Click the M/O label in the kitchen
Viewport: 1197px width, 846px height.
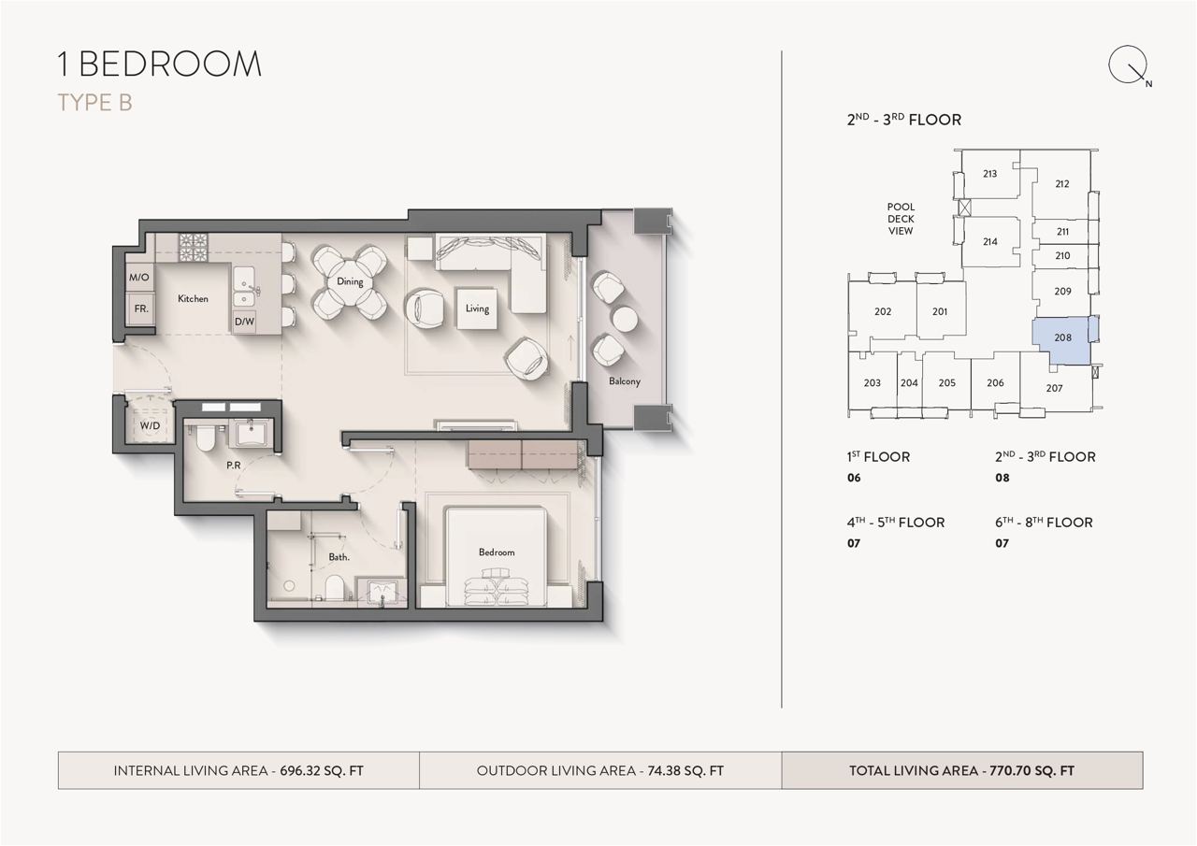[x=139, y=278]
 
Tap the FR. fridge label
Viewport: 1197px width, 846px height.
[x=141, y=308]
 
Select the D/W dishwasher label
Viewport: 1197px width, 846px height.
[x=245, y=322]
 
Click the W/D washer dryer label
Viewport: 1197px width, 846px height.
[x=151, y=425]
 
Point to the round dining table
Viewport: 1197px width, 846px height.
[x=350, y=282]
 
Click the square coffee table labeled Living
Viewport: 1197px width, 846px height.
[x=477, y=308]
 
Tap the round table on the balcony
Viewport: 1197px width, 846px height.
[x=625, y=320]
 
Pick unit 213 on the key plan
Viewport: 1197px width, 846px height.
[x=989, y=174]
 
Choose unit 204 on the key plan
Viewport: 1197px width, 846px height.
[x=909, y=383]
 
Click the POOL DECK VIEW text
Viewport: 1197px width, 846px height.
[x=901, y=219]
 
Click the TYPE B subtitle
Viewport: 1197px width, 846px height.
[x=94, y=103]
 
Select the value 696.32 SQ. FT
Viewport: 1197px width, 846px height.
[x=322, y=770]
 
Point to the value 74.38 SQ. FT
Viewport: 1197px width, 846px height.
[x=685, y=770]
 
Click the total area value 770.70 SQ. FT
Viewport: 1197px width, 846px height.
[x=1031, y=770]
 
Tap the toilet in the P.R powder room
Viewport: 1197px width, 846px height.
[x=205, y=436]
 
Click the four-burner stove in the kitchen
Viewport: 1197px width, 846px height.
[x=193, y=248]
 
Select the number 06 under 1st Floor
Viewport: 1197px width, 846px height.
[x=854, y=478]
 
